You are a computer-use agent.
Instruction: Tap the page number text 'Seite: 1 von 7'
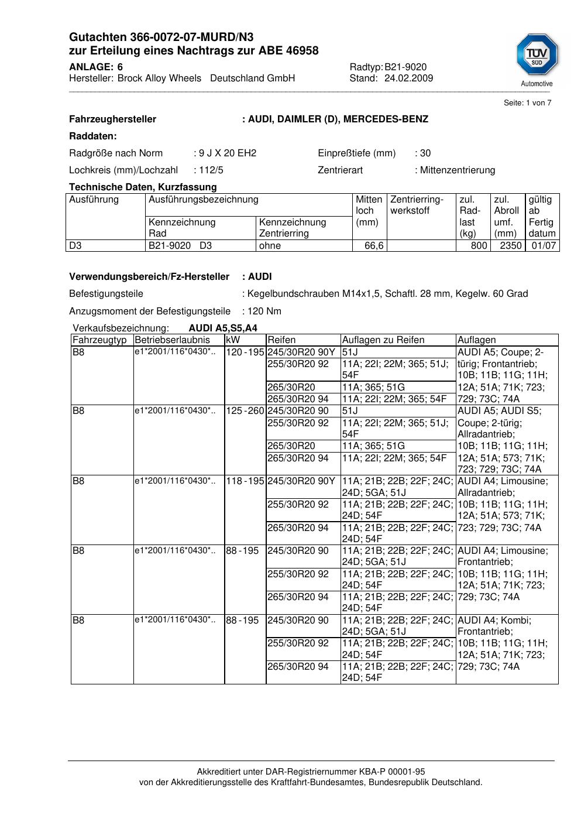pos(527,103)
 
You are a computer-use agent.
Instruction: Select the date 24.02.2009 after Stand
pos(408,78)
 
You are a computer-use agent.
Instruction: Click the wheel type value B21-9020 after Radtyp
pos(405,67)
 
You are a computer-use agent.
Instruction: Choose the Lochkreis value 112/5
pos(211,170)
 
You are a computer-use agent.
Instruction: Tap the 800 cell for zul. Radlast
pos(479,246)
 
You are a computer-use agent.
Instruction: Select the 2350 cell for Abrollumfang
pos(510,246)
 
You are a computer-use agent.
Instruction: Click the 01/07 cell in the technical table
pos(544,246)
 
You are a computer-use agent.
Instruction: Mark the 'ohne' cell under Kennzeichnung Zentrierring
pos(270,246)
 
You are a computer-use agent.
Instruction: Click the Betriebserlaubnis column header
pos(172,340)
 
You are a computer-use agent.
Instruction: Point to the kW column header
pos(233,340)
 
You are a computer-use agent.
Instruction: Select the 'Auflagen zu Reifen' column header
pos(383,340)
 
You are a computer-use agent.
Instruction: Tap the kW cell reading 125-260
pos(245,411)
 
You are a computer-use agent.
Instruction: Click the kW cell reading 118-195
pos(245,481)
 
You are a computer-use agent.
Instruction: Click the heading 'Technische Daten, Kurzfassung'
pos(143,187)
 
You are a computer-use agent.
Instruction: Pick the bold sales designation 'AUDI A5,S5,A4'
pos(223,328)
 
